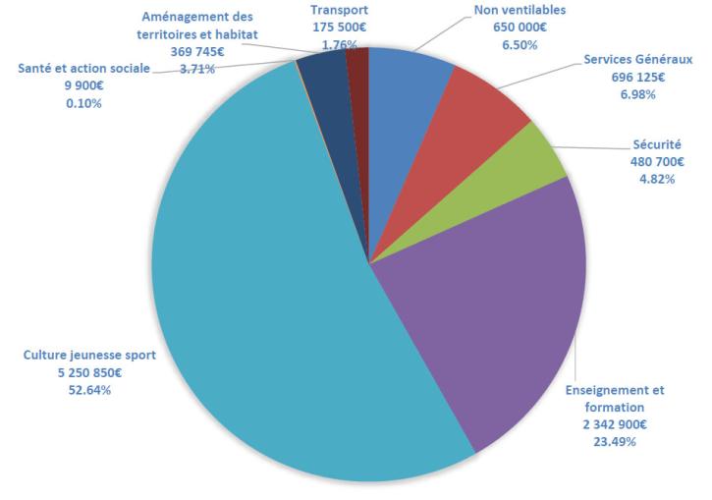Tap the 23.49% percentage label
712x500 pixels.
(614, 441)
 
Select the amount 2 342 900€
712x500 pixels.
(614, 423)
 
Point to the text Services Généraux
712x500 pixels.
(637, 59)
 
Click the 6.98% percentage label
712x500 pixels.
(637, 94)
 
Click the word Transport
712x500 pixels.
(339, 9)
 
